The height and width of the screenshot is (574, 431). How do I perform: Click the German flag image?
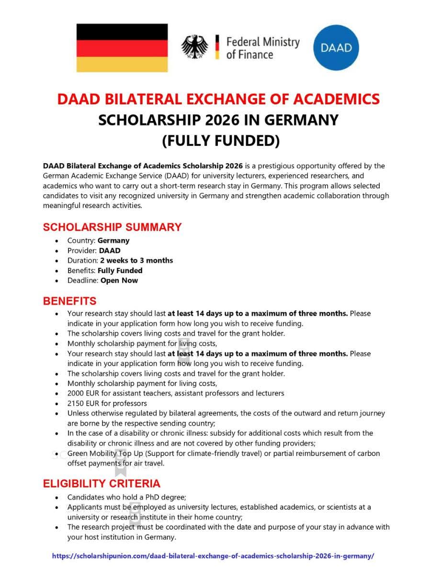click(x=122, y=48)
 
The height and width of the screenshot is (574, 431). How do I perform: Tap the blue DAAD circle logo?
click(x=336, y=48)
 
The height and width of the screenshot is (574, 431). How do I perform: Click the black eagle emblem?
click(x=194, y=47)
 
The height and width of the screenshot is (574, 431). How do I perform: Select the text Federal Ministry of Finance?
click(x=262, y=48)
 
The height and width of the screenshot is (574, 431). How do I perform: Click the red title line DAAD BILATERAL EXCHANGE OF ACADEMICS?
click(x=218, y=99)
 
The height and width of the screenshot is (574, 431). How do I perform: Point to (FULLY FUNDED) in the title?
click(x=220, y=141)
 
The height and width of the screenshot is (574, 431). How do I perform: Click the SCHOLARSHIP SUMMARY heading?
click(x=113, y=227)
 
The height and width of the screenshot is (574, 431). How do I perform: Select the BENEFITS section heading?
click(x=70, y=301)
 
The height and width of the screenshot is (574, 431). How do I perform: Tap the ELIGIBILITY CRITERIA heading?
click(x=102, y=484)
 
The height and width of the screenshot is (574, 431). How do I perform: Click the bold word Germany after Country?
click(x=113, y=241)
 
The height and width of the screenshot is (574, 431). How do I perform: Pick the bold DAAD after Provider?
click(x=110, y=251)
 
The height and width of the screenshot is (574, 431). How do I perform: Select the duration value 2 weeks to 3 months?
click(x=136, y=261)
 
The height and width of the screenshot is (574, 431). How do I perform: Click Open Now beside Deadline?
click(x=119, y=280)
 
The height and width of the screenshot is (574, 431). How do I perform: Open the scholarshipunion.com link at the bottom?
click(x=213, y=556)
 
